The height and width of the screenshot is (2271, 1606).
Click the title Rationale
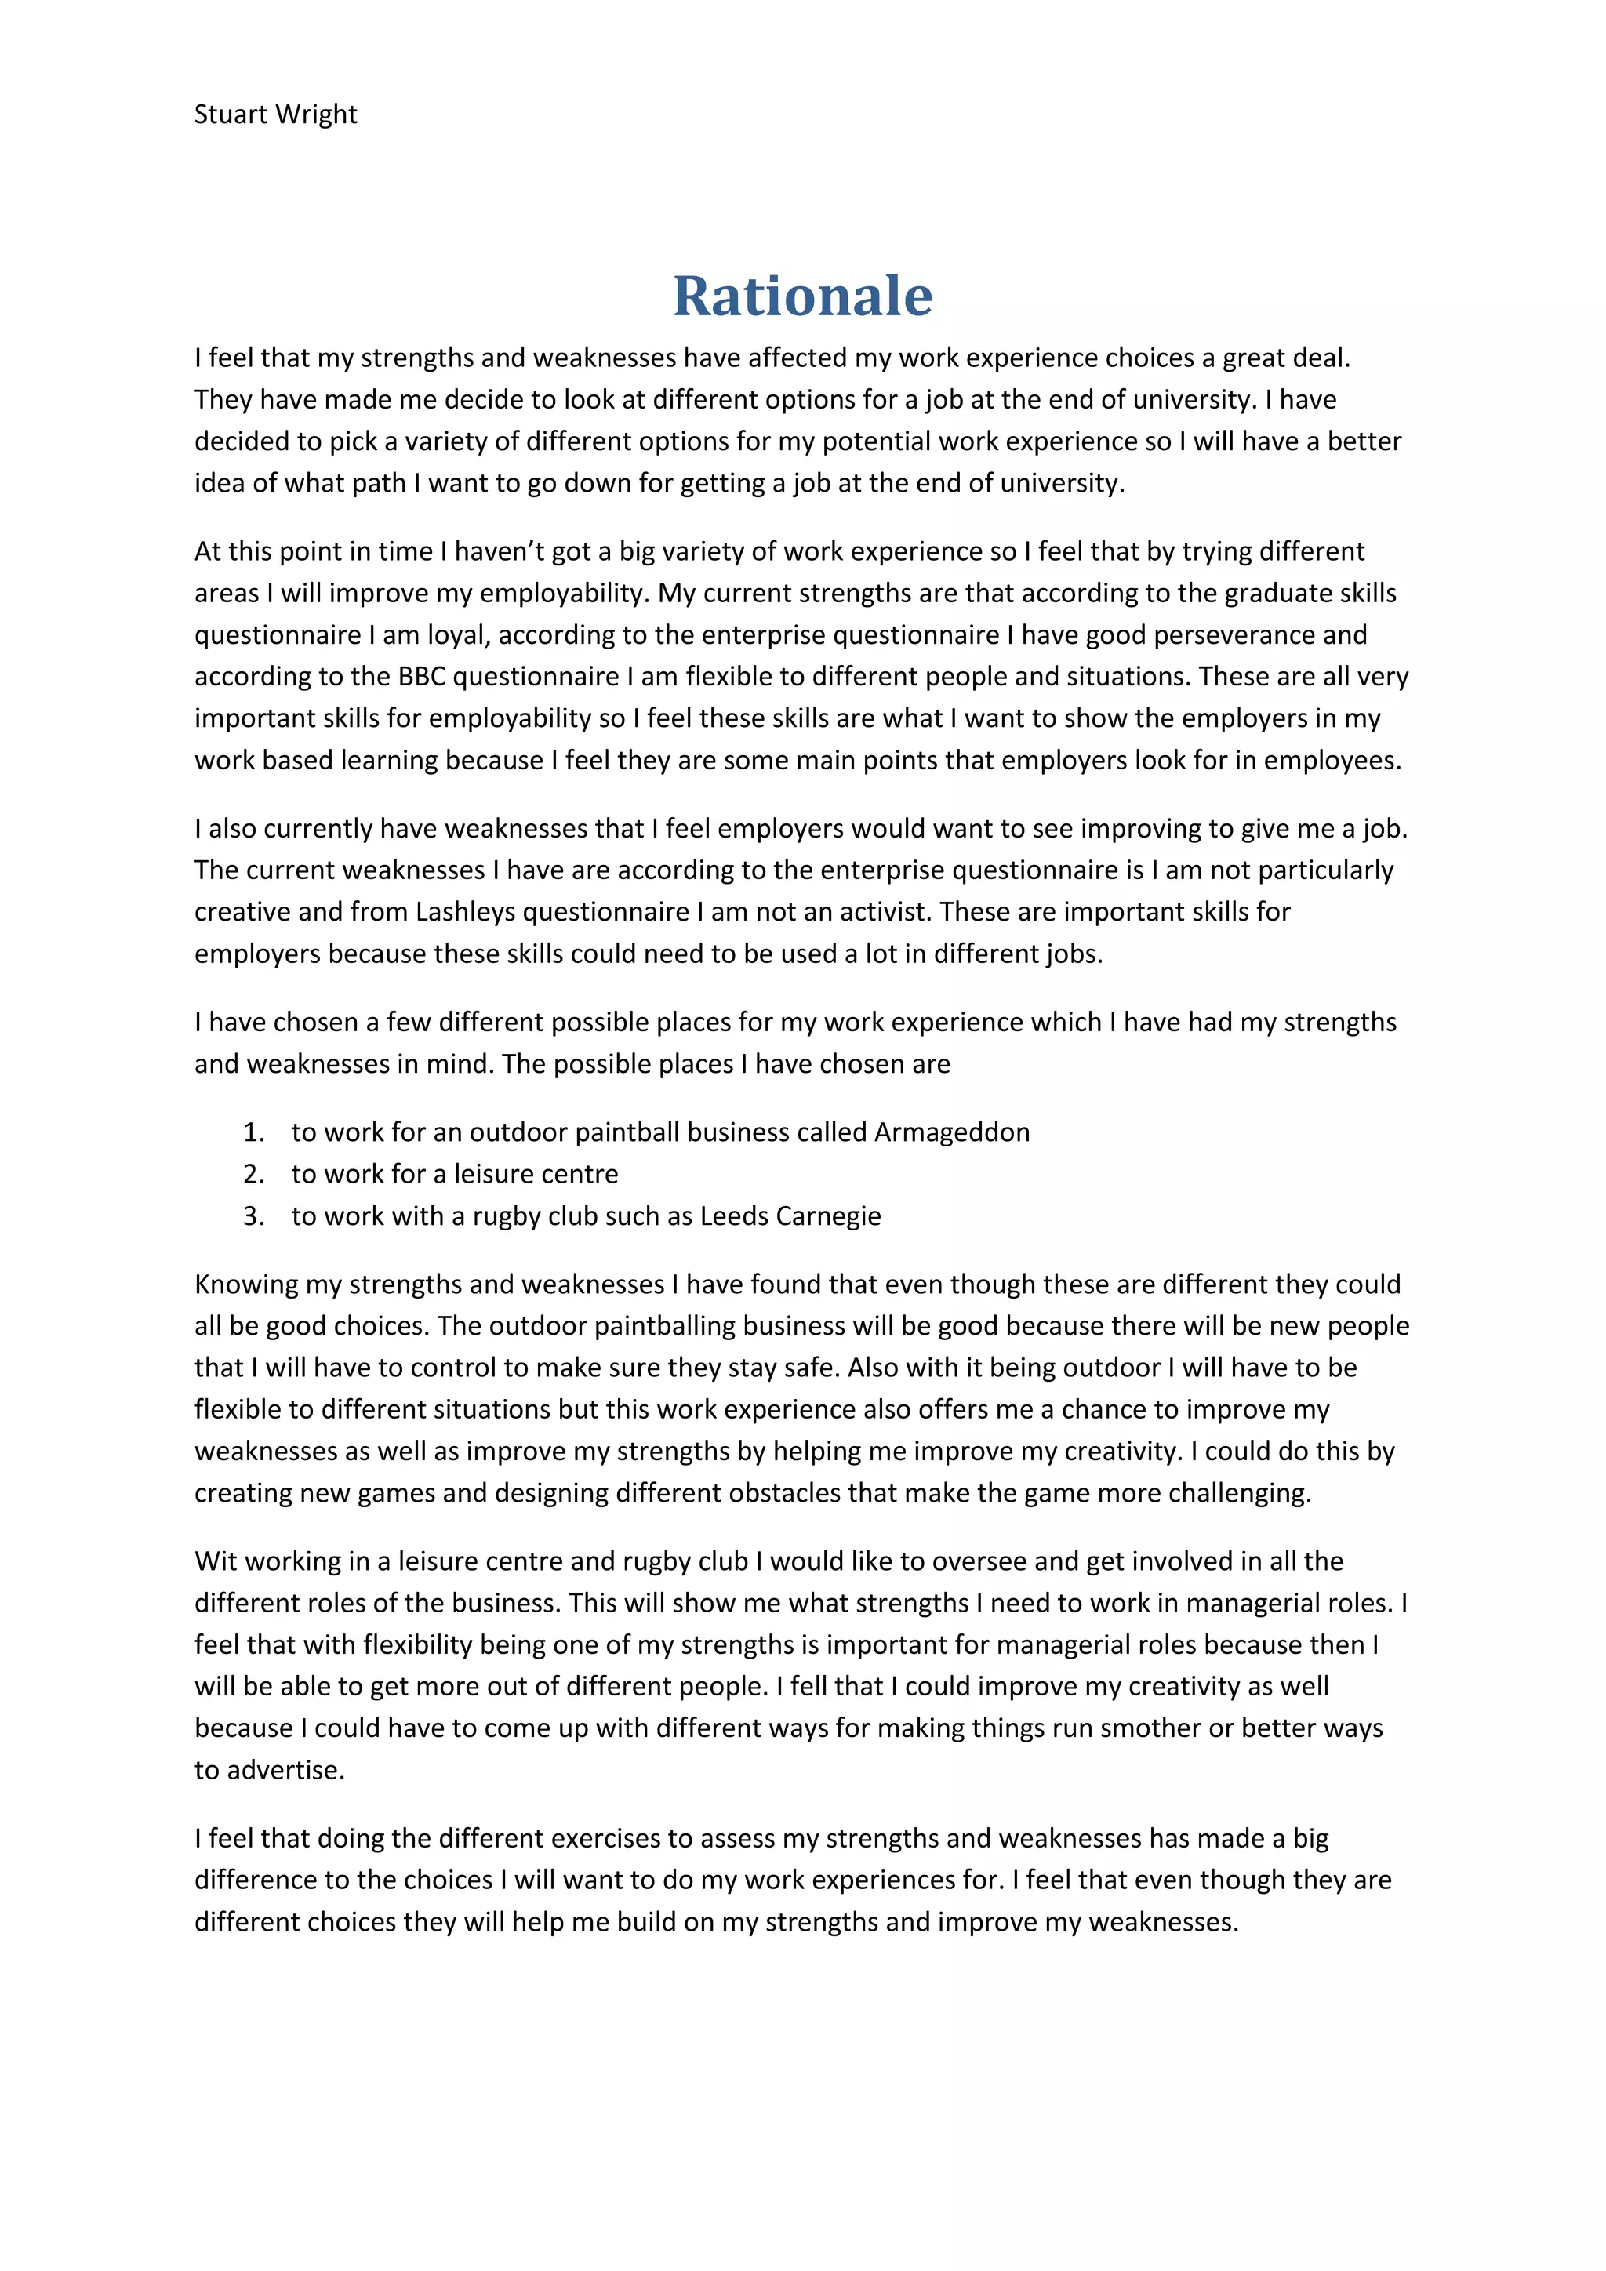coord(802,296)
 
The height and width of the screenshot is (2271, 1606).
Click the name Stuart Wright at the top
coord(275,114)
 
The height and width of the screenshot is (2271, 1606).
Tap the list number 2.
coord(253,1174)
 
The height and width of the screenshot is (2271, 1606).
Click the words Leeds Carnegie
coord(790,1215)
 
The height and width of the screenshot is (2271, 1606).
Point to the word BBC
coord(421,677)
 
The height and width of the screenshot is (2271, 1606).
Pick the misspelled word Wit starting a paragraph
coord(215,1562)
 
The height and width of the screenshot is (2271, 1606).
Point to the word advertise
coord(285,1770)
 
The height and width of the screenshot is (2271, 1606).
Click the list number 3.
coord(253,1215)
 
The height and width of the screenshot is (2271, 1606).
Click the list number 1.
coord(253,1132)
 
